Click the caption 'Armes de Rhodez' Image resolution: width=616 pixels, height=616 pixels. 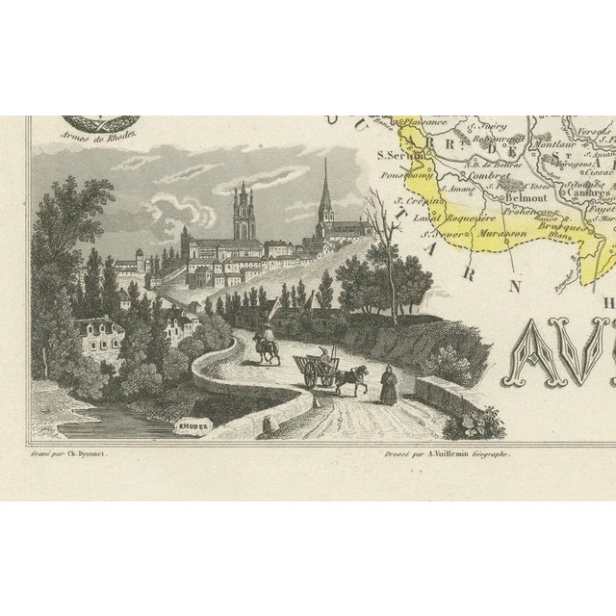pos(89,136)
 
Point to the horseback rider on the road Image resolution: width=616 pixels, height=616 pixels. pos(267,342)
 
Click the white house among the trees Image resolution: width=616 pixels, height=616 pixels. pos(98,338)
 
